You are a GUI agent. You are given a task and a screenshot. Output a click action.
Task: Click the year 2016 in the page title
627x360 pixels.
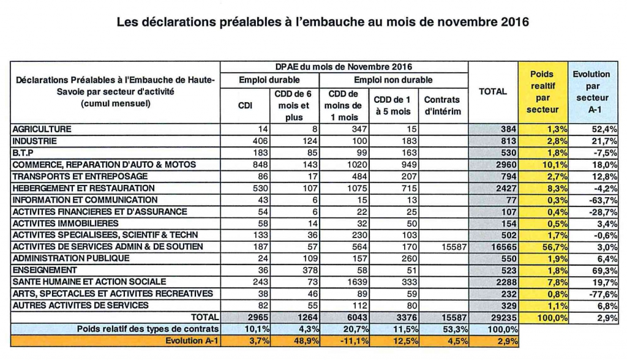pyautogui.click(x=514, y=21)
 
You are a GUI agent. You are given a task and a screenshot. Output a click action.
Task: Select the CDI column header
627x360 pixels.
pyautogui.click(x=245, y=105)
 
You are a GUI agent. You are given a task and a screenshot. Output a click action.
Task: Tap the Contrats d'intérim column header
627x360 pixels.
pyautogui.click(x=443, y=105)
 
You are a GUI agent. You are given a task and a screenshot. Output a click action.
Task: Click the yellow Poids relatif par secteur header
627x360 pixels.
pyautogui.click(x=543, y=92)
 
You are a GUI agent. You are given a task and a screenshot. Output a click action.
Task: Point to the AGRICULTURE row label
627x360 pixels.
pyautogui.click(x=42, y=129)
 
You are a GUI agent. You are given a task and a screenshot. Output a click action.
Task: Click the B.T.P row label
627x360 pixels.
pyautogui.click(x=23, y=153)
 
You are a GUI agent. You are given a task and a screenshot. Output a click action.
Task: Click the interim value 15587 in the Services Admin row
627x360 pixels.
pyautogui.click(x=454, y=247)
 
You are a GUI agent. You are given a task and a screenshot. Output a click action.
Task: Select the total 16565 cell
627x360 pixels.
pyautogui.click(x=504, y=247)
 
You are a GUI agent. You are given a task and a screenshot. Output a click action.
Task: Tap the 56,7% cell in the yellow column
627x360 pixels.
pyautogui.click(x=555, y=247)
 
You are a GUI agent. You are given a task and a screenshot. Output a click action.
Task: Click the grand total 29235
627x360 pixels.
pyautogui.click(x=504, y=318)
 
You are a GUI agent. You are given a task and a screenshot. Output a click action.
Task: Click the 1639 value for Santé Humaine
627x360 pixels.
pyautogui.click(x=357, y=282)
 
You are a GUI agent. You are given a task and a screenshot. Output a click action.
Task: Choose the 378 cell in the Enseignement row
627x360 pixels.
pyautogui.click(x=310, y=271)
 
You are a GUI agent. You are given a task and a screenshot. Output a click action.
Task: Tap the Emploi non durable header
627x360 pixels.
pyautogui.click(x=394, y=80)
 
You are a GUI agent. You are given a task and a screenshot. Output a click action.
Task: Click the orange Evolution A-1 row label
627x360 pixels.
pyautogui.click(x=192, y=341)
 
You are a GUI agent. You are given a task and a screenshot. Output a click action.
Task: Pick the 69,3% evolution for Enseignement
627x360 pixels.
pyautogui.click(x=605, y=271)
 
